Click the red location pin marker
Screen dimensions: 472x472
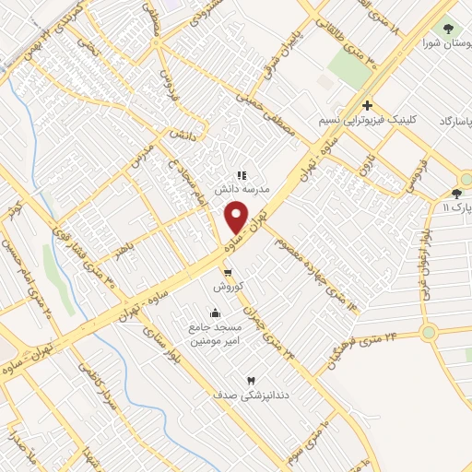pos(236,218)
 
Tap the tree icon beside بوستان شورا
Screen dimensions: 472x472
pos(448,29)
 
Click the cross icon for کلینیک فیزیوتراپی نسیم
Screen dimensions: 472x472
pos(367,106)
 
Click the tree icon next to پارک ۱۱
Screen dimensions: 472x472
pos(456,194)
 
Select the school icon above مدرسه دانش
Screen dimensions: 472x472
pos(241,174)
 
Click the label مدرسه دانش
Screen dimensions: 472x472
pos(241,189)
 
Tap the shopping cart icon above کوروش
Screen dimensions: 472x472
pos(227,272)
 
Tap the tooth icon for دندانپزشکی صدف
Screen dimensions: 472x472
pos(248,380)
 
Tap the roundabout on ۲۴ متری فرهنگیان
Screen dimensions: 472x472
pos(428,333)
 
